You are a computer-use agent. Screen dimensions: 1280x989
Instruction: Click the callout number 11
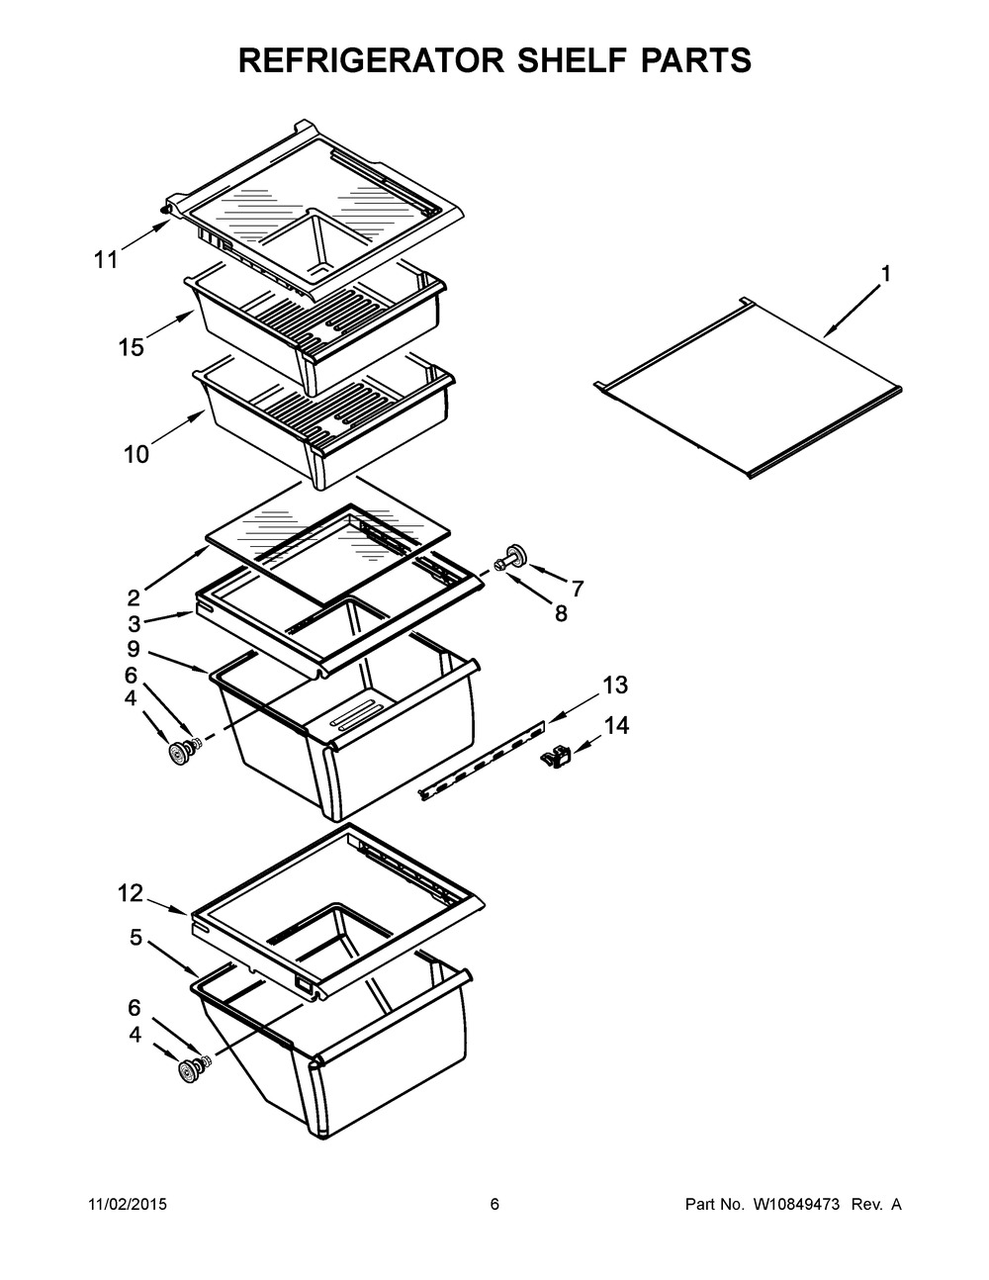click(106, 260)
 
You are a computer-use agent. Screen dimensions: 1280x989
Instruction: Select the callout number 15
click(131, 347)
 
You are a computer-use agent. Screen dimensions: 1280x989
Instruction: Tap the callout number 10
click(136, 454)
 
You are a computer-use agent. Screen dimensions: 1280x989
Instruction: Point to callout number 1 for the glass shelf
click(885, 274)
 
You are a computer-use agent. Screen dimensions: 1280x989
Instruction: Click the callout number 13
click(614, 685)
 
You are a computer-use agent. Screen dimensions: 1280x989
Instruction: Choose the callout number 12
click(131, 893)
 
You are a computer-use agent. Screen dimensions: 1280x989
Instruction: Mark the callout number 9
click(133, 649)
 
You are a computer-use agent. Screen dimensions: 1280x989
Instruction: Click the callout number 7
click(577, 589)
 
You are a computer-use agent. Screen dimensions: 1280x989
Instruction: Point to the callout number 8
click(561, 613)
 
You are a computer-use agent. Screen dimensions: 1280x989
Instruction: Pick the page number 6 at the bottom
click(494, 1205)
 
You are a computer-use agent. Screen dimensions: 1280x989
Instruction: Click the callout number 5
click(135, 937)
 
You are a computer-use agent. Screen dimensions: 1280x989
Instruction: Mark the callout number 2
click(133, 596)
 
